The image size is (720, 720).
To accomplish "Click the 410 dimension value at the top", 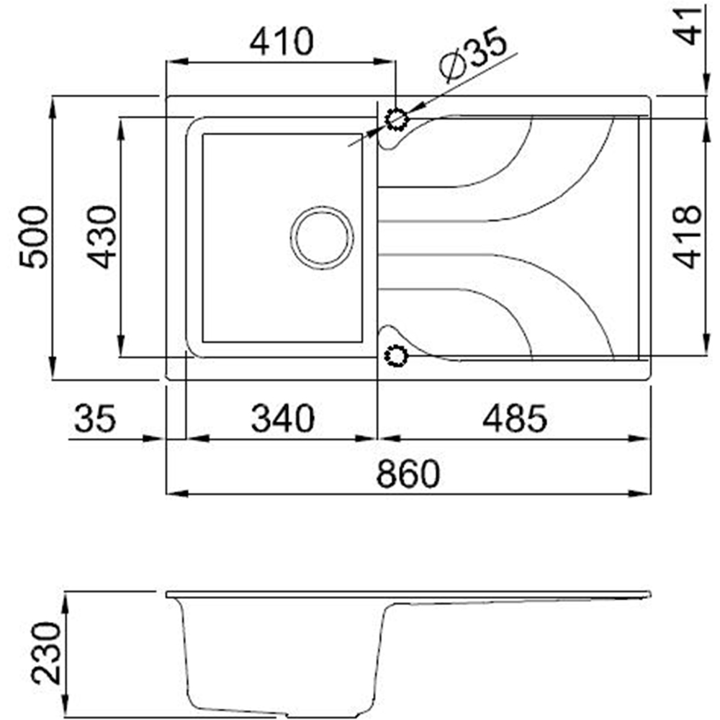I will point(282,42).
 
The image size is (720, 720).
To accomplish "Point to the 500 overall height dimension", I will point(33,237).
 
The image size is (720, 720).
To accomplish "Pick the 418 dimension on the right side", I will point(689,237).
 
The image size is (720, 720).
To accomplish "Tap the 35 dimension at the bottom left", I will point(94,418).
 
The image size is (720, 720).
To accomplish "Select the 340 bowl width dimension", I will point(282,418).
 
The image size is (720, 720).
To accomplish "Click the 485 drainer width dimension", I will point(515,418).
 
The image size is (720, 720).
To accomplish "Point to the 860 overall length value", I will point(408,474).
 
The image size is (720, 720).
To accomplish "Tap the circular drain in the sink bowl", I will point(322,237).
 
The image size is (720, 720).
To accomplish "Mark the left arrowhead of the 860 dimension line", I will point(176,493).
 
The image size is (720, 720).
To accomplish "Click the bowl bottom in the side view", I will point(281,708).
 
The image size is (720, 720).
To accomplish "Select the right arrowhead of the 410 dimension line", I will point(387,62).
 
